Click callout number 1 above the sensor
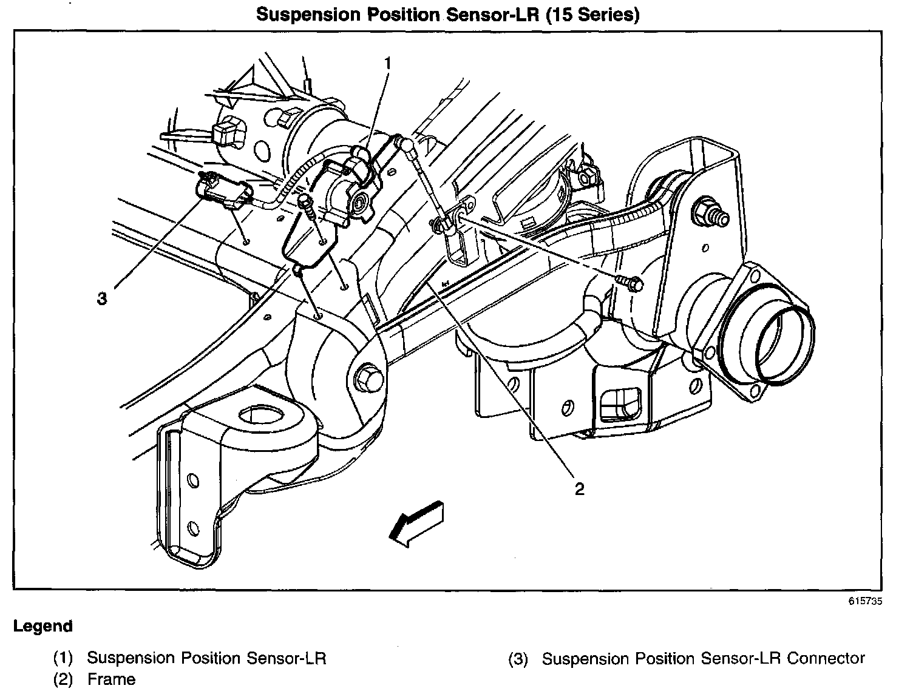click(x=387, y=62)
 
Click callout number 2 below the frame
click(x=580, y=489)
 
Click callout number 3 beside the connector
click(x=102, y=298)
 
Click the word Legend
click(x=43, y=626)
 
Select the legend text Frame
click(x=112, y=679)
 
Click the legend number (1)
click(x=63, y=658)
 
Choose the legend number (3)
click(x=518, y=659)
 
